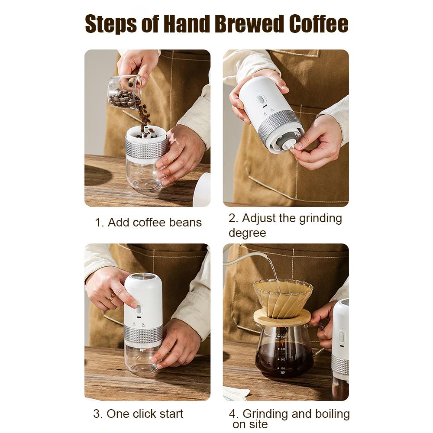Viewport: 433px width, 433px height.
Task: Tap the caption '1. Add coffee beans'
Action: point(148,223)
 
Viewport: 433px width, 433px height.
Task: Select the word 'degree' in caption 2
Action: point(247,233)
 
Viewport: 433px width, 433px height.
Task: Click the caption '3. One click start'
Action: point(138,414)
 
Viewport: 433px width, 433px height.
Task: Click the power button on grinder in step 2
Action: point(261,100)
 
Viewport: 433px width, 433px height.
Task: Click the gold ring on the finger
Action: point(112,297)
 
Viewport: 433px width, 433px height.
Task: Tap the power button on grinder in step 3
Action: point(139,310)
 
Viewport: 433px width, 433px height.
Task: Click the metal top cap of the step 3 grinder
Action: point(143,276)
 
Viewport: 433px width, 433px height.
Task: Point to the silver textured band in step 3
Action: point(143,333)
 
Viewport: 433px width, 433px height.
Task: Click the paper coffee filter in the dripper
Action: point(282,298)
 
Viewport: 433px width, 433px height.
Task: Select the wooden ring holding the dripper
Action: point(281,318)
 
